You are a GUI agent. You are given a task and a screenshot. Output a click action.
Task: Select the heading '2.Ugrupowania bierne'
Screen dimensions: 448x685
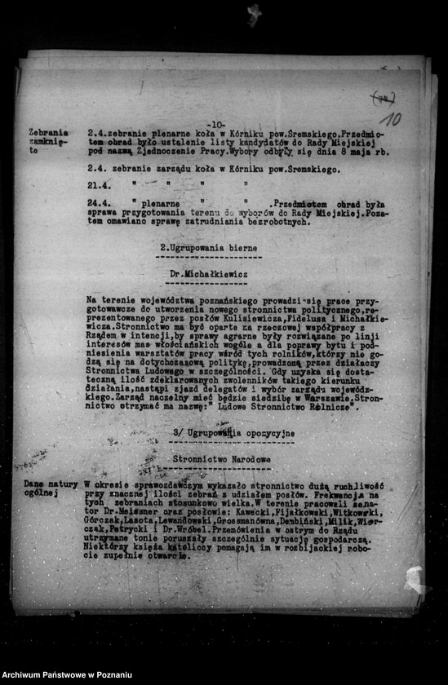point(208,246)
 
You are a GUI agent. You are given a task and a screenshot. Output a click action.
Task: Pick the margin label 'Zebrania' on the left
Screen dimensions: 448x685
point(48,132)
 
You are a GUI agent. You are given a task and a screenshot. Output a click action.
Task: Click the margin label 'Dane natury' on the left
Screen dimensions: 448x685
point(51,484)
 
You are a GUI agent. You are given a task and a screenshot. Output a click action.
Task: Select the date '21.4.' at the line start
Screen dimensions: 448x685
point(100,186)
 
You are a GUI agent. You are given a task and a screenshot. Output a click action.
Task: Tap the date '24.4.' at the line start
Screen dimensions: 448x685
point(100,204)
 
